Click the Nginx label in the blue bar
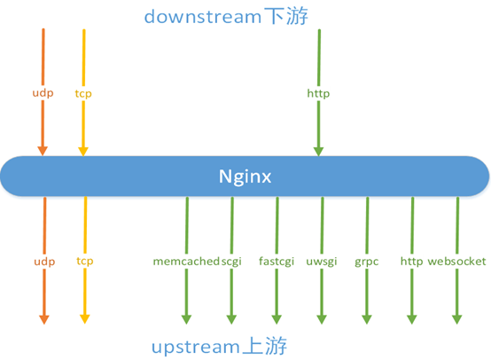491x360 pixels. point(245,176)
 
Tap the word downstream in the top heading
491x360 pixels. point(203,16)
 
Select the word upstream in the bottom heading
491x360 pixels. point(196,348)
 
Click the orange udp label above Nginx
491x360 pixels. point(43,93)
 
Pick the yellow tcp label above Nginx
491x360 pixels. point(83,94)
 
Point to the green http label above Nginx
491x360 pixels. point(318,94)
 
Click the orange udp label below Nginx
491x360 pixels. point(44,262)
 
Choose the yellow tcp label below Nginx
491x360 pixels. point(85,262)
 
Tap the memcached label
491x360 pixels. point(186,261)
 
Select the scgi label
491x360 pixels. point(231,262)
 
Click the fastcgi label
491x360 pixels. point(277,262)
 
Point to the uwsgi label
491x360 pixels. point(322,262)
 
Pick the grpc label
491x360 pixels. point(367,262)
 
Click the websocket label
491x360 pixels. point(456,261)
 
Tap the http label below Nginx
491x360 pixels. point(412,262)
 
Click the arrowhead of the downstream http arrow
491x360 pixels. point(318,151)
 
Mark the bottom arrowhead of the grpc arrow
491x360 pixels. point(367,319)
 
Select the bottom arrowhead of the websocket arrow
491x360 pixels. point(456,319)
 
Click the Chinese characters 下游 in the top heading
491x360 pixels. point(286,16)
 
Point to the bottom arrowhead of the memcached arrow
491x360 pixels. point(186,319)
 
